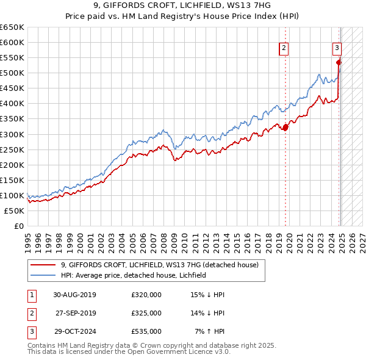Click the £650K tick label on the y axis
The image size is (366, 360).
12,27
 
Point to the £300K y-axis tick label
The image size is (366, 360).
12,134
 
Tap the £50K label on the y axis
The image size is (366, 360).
14,211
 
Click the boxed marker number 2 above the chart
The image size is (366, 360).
284,49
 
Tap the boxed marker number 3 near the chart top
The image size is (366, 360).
337,49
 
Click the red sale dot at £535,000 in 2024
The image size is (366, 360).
339,62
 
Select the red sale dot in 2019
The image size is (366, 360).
285,127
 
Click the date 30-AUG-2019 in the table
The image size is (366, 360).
74,295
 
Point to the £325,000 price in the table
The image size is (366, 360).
146,313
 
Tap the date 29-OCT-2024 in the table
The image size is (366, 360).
74,331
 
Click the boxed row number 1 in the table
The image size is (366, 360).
30,295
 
